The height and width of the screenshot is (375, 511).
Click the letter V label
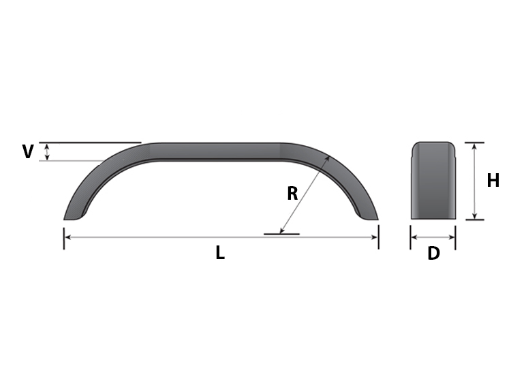click(x=27, y=151)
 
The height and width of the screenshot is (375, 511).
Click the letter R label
click(x=292, y=194)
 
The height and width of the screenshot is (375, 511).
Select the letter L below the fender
click(x=220, y=253)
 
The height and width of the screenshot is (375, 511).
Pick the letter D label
click(x=433, y=254)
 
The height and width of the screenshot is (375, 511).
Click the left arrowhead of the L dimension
click(x=67, y=237)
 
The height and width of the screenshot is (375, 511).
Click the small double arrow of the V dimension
click(x=46, y=152)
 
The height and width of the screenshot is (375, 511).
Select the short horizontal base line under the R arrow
click(x=281, y=235)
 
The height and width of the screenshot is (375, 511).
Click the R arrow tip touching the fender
click(x=328, y=157)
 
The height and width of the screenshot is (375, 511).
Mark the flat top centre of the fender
click(x=218, y=151)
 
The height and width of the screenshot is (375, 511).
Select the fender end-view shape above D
click(x=433, y=181)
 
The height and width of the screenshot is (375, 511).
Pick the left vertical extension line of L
click(x=64, y=239)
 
